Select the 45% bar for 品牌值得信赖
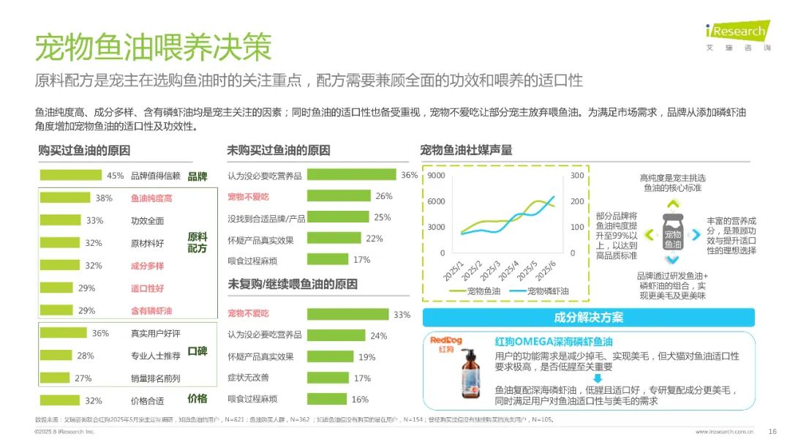(x=70, y=175)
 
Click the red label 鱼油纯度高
(x=151, y=198)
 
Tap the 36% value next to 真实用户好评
(x=100, y=333)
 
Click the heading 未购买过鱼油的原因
(x=279, y=150)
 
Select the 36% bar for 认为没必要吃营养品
(x=352, y=175)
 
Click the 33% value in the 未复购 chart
(x=402, y=314)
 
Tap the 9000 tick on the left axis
(x=436, y=176)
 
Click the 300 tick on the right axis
(x=577, y=176)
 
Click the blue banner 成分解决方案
(x=589, y=317)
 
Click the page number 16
(x=772, y=430)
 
